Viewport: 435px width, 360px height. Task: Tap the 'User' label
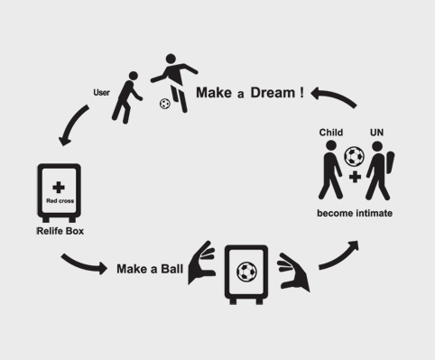[x=102, y=91]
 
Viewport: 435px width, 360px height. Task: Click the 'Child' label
[x=331, y=133]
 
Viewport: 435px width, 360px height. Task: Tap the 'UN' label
[x=377, y=133]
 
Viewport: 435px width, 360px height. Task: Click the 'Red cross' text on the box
[x=60, y=200]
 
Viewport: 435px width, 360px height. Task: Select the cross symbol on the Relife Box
[x=60, y=186]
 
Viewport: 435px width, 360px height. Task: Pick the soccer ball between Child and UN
[x=355, y=157]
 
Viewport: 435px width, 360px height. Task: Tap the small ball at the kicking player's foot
[x=164, y=103]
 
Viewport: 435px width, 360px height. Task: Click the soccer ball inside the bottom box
[x=245, y=270]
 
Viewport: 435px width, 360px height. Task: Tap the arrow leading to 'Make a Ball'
[x=87, y=263]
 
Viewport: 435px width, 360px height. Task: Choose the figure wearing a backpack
[x=380, y=170]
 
